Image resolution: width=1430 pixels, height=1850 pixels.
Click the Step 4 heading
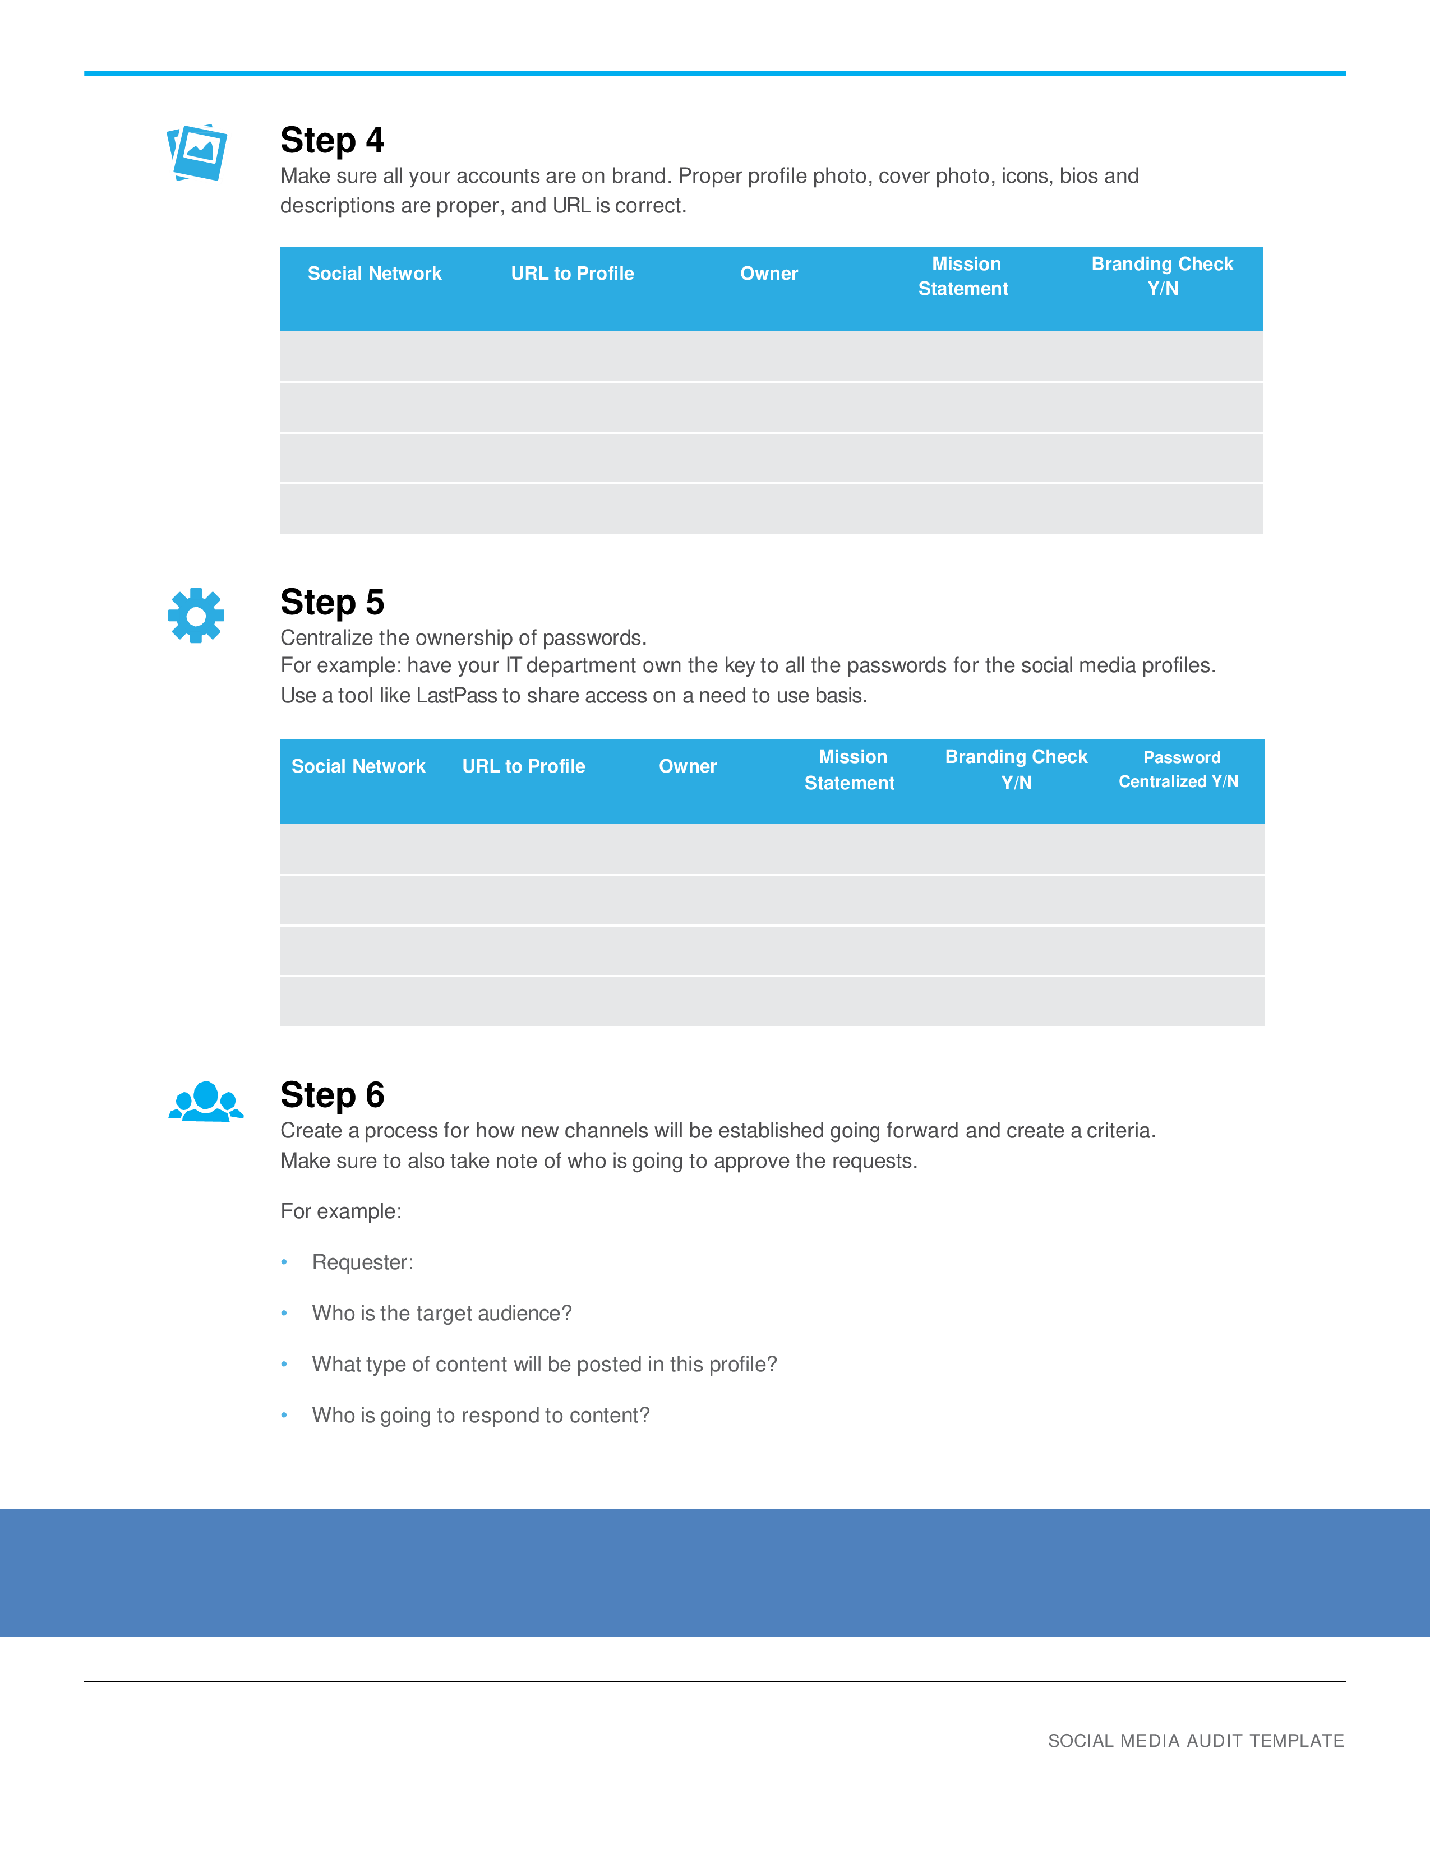pos(332,141)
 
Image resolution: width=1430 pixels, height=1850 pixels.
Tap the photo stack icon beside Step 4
pos(197,153)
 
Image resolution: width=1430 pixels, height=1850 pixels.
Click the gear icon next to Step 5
pos(196,616)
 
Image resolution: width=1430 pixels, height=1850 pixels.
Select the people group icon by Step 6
pos(205,1102)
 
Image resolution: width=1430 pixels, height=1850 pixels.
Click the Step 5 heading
pos(332,602)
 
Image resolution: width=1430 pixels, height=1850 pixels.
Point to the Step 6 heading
pos(332,1095)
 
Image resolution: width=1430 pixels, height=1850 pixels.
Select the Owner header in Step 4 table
pos(768,274)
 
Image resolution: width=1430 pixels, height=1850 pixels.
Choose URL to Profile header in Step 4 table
pos(572,274)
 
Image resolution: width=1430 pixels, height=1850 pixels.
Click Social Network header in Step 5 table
pos(358,766)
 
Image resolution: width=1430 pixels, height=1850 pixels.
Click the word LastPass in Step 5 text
pos(456,696)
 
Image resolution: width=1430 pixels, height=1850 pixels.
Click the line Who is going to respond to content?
pos(481,1416)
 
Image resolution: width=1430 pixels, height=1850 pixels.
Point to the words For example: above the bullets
pos(340,1211)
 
